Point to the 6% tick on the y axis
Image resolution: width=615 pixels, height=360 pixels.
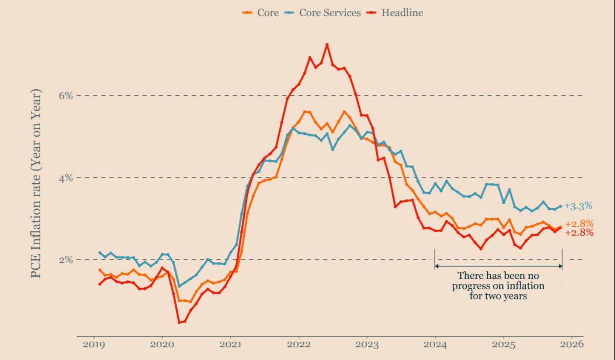click(66, 96)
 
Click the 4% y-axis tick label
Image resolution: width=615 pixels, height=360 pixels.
click(66, 178)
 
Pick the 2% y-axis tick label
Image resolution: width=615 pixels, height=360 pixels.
click(66, 260)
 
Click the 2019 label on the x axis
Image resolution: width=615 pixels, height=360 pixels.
click(94, 345)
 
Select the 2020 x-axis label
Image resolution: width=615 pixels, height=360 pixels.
click(162, 345)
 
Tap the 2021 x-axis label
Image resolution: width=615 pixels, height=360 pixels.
click(231, 345)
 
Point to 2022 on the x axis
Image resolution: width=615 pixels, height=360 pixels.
click(299, 345)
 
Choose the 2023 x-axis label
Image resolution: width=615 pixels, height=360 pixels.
click(367, 345)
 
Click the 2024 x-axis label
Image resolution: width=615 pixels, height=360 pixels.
click(435, 345)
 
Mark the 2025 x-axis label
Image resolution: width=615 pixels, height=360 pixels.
click(504, 345)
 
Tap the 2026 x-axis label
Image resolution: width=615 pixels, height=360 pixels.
click(572, 345)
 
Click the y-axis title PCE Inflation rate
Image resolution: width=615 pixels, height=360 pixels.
click(36, 183)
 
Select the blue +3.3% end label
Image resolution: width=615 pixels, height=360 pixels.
click(578, 206)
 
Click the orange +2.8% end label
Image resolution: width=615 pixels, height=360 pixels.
click(579, 224)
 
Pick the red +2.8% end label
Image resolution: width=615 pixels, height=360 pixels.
click(579, 233)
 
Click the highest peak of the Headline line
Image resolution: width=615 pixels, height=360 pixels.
click(327, 44)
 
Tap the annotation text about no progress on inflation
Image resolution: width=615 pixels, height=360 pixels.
click(498, 286)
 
